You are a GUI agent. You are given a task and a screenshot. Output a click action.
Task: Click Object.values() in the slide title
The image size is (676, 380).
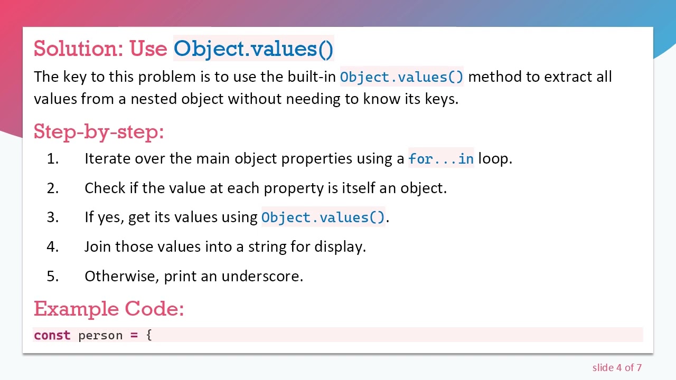[x=253, y=49]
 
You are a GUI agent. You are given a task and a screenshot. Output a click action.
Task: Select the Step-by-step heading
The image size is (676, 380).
[x=99, y=131]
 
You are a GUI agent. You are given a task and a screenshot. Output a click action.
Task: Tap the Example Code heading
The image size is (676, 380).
[x=109, y=309]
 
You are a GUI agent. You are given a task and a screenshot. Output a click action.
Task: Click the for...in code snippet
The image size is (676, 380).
[x=441, y=159]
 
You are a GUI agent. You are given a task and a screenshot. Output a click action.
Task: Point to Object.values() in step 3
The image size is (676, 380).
[x=323, y=217]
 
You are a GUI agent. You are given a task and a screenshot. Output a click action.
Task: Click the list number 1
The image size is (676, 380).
[x=52, y=159]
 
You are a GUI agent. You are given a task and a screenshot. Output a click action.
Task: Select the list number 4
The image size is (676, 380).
[x=52, y=247]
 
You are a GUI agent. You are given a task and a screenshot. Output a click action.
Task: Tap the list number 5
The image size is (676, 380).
[x=52, y=276]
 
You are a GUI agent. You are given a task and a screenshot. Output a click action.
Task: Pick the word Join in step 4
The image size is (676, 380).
[x=98, y=247]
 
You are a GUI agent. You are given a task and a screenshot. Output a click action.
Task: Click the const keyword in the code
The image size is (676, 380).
[x=52, y=336]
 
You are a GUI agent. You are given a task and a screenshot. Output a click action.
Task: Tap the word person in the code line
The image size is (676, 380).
[x=100, y=336]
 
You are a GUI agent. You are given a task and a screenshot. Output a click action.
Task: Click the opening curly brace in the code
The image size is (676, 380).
[x=149, y=336]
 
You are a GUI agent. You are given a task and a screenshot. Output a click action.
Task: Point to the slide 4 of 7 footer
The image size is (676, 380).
[x=617, y=368]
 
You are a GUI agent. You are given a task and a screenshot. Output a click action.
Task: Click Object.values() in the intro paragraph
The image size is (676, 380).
[x=401, y=77]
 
